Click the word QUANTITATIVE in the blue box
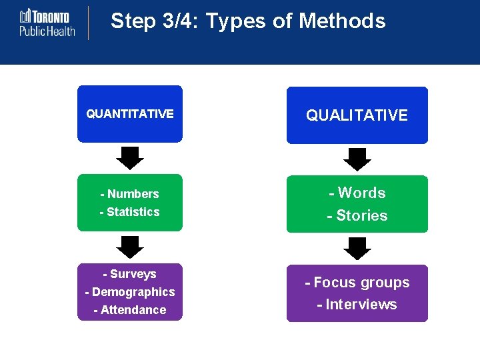pyautogui.click(x=130, y=114)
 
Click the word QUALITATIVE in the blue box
pyautogui.click(x=357, y=115)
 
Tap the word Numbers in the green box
pyautogui.click(x=133, y=194)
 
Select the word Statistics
pyautogui.click(x=133, y=212)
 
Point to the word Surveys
pyautogui.click(x=133, y=274)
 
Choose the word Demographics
pyautogui.click(x=133, y=292)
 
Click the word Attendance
pyautogui.click(x=133, y=310)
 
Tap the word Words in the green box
pyautogui.click(x=362, y=193)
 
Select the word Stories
pyautogui.click(x=362, y=216)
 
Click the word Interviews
pyautogui.click(x=361, y=305)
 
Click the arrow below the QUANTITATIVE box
pyautogui.click(x=130, y=158)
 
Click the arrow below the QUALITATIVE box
pyautogui.click(x=357, y=159)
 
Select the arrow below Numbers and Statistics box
pyautogui.click(x=130, y=247)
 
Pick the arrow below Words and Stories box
pyautogui.click(x=357, y=248)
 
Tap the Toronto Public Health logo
pyautogui.click(x=47, y=23)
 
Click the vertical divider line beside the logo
pyautogui.click(x=88, y=23)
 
